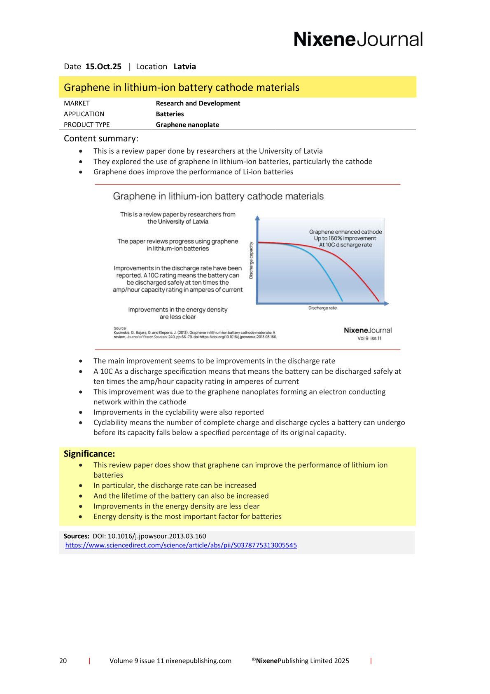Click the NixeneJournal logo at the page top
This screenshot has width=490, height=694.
pyautogui.click(x=358, y=39)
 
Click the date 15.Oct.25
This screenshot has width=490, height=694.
pyautogui.click(x=103, y=66)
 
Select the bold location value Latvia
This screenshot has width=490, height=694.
pyautogui.click(x=184, y=66)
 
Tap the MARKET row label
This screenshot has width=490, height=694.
pyautogui.click(x=77, y=103)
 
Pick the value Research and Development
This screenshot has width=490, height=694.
pyautogui.click(x=198, y=103)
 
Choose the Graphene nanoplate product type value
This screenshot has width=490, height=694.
pyautogui.click(x=187, y=124)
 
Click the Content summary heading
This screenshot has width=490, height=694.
pyautogui.click(x=101, y=138)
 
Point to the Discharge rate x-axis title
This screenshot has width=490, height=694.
pyautogui.click(x=322, y=308)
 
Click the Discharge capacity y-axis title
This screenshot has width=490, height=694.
pyautogui.click(x=251, y=260)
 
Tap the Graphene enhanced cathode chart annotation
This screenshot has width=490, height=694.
pyautogui.click(x=345, y=232)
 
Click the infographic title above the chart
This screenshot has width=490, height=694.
pyautogui.click(x=218, y=196)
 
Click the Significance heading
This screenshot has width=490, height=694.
pyautogui.click(x=89, y=454)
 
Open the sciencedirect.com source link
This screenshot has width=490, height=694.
pyautogui.click(x=181, y=545)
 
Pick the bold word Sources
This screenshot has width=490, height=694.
pyautogui.click(x=76, y=536)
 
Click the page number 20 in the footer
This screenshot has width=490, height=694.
pyautogui.click(x=63, y=661)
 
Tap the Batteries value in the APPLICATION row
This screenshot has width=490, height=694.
pyautogui.click(x=170, y=114)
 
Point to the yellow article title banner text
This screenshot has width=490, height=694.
pyautogui.click(x=182, y=87)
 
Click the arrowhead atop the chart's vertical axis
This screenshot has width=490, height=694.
pyautogui.click(x=258, y=218)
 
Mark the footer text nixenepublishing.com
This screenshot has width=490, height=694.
pyautogui.click(x=198, y=661)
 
